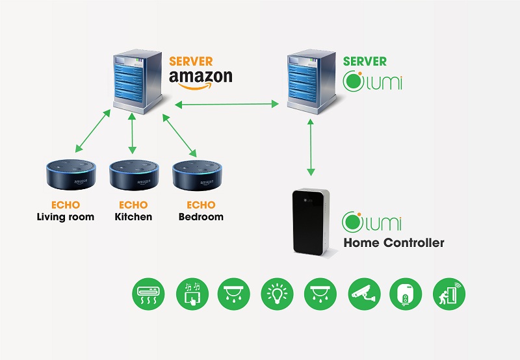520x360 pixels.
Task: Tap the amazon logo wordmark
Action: point(200,78)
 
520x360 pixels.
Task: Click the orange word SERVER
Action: point(190,62)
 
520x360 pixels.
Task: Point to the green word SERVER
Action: point(365,62)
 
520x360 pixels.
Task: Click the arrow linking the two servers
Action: point(227,103)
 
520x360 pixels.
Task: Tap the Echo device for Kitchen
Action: point(134,174)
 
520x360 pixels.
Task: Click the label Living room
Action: point(66,217)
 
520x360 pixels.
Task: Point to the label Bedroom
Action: point(201,217)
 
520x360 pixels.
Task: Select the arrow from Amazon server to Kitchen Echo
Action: point(133,133)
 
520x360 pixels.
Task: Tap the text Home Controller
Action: point(394,243)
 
